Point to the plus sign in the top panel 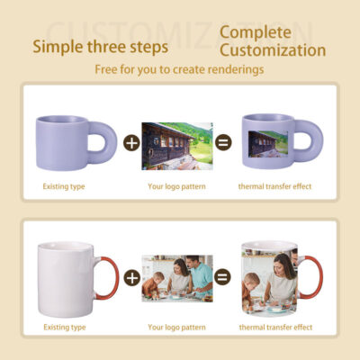[131, 143]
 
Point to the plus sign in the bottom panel [131, 278]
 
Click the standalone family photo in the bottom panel [178, 278]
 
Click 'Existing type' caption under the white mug [66, 327]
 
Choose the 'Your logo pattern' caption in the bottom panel [177, 327]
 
